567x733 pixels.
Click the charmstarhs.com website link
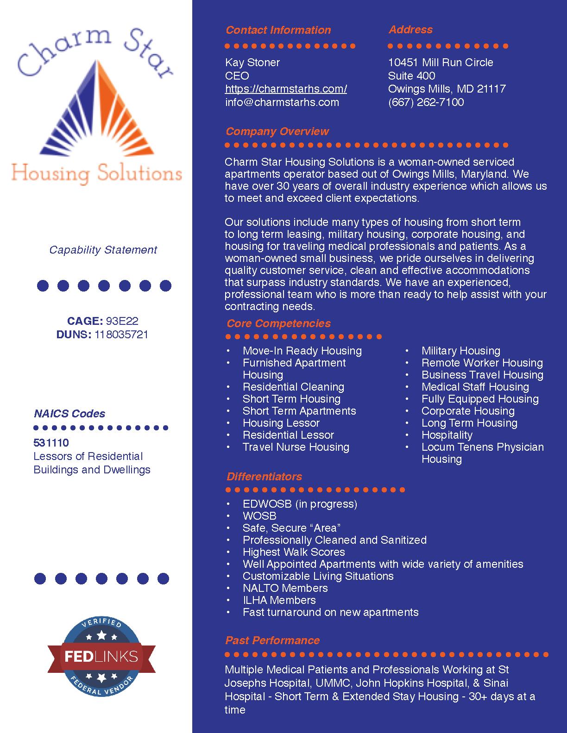286,89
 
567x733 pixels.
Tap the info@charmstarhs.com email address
282,102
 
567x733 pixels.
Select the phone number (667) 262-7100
426,102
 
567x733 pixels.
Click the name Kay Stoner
252,62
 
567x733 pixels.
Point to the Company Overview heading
277,131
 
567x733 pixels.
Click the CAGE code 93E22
122,321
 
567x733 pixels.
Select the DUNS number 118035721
121,335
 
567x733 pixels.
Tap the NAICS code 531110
51,443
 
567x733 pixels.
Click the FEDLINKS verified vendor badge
101,656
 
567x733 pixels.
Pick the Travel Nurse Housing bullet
296,447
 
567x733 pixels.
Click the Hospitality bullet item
447,435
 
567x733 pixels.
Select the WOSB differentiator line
259,516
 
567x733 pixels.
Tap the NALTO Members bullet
285,588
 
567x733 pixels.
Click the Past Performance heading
272,640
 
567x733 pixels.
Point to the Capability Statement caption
103,250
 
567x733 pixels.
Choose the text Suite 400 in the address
411,76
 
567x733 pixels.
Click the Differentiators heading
264,477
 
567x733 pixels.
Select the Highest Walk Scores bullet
294,552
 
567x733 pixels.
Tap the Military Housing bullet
460,351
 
